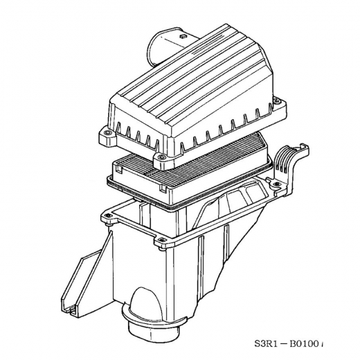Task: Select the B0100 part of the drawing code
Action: pyautogui.click(x=321, y=345)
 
